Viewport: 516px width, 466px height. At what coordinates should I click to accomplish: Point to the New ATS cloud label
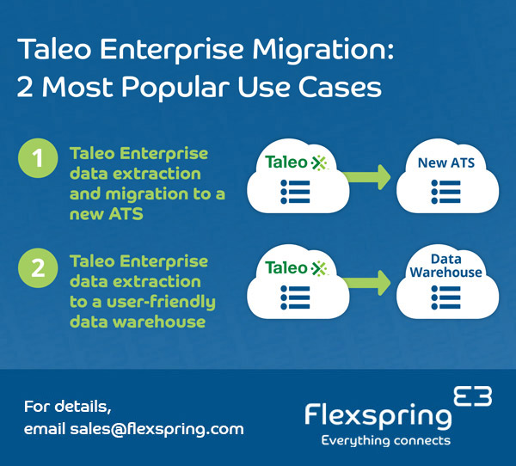(x=445, y=162)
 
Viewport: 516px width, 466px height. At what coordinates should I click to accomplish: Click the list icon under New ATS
(x=445, y=191)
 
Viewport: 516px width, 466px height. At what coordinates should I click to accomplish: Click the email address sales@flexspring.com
(x=157, y=428)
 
